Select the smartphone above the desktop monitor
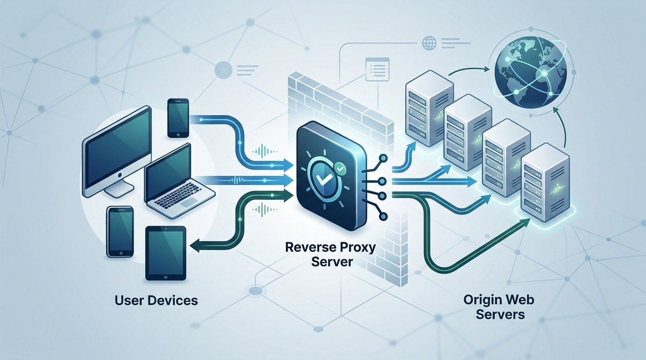click(x=178, y=117)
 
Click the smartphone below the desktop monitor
click(x=120, y=231)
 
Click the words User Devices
click(x=156, y=300)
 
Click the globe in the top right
click(x=530, y=68)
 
